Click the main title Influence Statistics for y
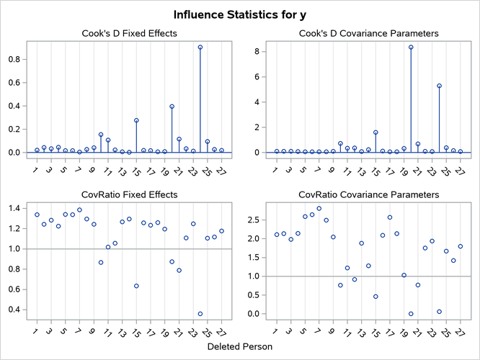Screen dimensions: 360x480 click(x=240, y=14)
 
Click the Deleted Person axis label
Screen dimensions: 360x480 click(x=240, y=346)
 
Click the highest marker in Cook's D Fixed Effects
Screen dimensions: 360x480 click(x=200, y=48)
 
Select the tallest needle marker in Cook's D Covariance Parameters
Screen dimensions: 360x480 click(x=411, y=48)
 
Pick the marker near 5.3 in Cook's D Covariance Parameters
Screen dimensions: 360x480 click(x=439, y=86)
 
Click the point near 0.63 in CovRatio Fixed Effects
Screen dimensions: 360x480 click(x=136, y=286)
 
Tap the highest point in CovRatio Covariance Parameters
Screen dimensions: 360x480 click(x=319, y=209)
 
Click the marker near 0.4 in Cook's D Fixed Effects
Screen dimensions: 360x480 click(x=172, y=107)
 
